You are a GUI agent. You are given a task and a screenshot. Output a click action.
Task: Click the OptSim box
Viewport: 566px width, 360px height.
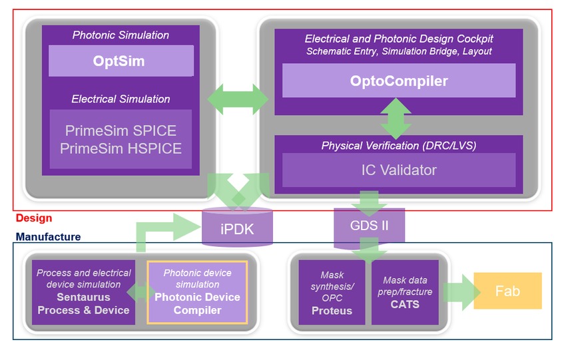(121, 61)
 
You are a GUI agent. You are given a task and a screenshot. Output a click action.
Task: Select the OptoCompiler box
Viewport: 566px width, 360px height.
(399, 81)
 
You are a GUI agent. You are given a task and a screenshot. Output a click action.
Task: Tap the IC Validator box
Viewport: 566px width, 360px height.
(399, 170)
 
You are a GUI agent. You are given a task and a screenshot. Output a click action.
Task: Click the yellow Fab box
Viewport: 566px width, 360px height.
(507, 291)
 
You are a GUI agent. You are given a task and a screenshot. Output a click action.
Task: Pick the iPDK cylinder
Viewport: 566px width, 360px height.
(238, 230)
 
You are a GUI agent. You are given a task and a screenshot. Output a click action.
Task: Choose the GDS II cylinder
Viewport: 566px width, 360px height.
(369, 224)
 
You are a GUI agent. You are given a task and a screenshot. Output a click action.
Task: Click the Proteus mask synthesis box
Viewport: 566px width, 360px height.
(332, 292)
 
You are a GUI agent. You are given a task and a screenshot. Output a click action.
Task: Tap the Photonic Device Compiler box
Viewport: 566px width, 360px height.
(197, 292)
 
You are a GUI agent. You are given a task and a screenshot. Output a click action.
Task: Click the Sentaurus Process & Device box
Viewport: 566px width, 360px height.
(83, 292)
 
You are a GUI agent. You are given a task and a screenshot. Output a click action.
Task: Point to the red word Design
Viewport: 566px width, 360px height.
(33, 218)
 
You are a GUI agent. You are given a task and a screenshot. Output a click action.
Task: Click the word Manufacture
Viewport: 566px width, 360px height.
(48, 237)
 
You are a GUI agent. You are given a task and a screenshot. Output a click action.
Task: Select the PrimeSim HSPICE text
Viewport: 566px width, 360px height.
(121, 148)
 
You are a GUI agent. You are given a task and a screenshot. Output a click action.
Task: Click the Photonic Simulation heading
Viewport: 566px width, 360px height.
(121, 35)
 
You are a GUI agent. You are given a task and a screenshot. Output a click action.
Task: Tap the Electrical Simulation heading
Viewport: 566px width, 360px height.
(121, 98)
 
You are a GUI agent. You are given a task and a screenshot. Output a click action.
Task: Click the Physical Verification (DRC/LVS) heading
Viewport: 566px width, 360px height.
(399, 145)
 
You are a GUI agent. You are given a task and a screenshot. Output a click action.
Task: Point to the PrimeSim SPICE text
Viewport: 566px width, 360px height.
(121, 130)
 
